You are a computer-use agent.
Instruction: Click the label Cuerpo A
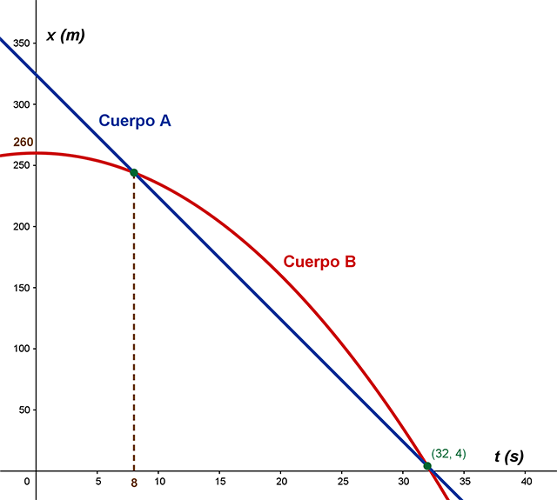point(134,121)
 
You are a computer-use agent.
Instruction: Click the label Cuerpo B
point(319,261)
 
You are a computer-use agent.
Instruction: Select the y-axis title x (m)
point(65,36)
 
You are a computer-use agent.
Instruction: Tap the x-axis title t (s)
point(509,456)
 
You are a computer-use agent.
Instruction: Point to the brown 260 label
point(23,143)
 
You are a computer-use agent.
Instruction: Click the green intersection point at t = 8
point(134,172)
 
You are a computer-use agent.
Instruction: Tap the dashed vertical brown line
point(134,330)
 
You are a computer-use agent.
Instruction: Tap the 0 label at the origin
point(27,481)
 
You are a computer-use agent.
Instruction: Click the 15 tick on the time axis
point(220,481)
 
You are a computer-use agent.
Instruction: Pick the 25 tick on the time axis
point(343,481)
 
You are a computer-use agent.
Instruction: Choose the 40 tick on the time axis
point(526,481)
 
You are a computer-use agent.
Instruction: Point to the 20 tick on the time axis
point(281,481)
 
